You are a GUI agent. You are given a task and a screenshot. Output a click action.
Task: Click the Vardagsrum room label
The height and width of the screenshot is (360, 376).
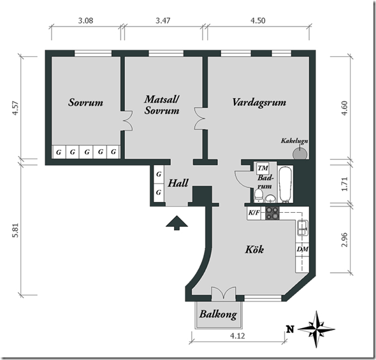pos(259,103)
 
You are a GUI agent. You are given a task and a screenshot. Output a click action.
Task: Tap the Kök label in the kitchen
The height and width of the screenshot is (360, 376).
pos(254,250)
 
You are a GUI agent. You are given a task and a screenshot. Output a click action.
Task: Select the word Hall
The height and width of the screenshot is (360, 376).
pos(178,183)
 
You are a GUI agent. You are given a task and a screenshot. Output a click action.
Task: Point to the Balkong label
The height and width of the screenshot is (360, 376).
pos(218,314)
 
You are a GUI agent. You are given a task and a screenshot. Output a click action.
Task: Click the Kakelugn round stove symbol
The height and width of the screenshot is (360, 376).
pos(300,153)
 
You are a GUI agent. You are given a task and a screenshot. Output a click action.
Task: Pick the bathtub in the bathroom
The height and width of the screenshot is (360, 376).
pos(286,184)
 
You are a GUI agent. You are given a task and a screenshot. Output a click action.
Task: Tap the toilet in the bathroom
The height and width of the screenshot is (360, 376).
pos(258,195)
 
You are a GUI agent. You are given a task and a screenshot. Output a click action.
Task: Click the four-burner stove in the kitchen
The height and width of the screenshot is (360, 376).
pos(272,213)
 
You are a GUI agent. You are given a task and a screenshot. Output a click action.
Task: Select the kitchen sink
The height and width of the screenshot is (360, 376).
pos(302,228)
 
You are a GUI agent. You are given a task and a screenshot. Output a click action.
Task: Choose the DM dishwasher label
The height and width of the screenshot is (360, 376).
pos(303,249)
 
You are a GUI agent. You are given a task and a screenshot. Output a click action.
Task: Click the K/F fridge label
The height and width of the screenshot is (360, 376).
pos(254,212)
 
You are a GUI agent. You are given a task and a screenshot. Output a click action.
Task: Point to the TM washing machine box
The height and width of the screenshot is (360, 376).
pos(263,168)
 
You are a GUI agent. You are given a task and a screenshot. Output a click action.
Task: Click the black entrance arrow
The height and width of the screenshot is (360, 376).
pos(177,223)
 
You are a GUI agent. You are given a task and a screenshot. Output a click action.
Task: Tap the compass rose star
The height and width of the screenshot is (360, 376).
pos(317,329)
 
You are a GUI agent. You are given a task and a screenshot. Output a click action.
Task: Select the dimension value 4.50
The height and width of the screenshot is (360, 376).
pos(258,20)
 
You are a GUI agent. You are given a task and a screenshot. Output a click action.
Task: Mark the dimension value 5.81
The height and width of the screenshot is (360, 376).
pos(15,231)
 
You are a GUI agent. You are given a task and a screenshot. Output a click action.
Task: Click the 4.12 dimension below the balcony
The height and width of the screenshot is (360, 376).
pos(238,336)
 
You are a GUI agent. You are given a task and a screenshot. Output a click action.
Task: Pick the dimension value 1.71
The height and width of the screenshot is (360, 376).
pos(344,184)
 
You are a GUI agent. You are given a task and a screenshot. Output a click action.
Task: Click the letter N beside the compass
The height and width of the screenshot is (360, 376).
pos(290,329)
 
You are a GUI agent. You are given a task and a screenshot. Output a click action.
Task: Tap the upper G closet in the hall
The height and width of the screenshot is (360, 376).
pos(159,174)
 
